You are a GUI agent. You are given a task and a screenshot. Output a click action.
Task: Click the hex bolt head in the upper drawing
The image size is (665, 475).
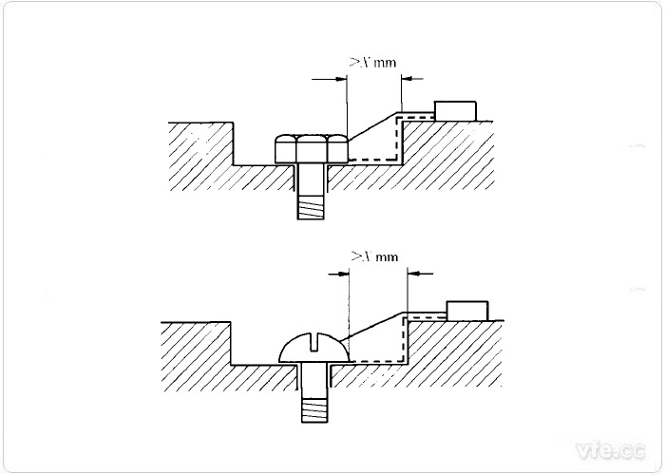coord(310,149)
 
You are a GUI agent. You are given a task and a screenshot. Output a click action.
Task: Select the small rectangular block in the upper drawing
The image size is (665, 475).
coord(454,108)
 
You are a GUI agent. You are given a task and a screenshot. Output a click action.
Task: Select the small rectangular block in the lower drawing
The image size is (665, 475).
coord(466,310)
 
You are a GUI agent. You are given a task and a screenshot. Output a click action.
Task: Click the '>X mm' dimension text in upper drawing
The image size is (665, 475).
coord(372,63)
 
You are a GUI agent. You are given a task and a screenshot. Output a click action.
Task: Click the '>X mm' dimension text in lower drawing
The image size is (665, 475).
coord(373,256)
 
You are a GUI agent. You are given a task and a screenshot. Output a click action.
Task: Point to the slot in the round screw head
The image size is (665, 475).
coord(314,340)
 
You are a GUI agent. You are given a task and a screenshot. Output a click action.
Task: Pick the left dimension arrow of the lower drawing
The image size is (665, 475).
coord(340,274)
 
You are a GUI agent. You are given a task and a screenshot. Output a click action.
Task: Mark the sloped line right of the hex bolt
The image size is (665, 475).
coord(374,124)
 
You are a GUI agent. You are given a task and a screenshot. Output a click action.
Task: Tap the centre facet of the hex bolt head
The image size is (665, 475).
coord(310,149)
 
